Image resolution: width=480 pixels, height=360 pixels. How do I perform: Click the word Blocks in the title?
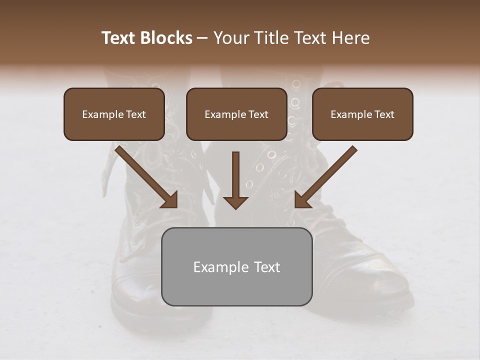pos(165,38)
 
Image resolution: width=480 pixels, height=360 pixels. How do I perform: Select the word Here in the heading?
pos(351,38)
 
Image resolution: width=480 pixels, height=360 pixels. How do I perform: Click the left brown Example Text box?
pos(114,114)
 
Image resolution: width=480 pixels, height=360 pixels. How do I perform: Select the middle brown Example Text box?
pos(236,114)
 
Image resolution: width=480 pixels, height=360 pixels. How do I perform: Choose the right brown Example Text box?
pos(362,114)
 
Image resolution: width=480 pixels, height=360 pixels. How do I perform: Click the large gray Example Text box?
pos(237,266)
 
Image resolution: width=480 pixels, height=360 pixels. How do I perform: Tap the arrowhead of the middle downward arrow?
pos(235,202)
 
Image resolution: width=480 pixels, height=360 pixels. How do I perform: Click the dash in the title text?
pos(202,38)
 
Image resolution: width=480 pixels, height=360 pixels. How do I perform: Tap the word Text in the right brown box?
pos(383,114)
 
